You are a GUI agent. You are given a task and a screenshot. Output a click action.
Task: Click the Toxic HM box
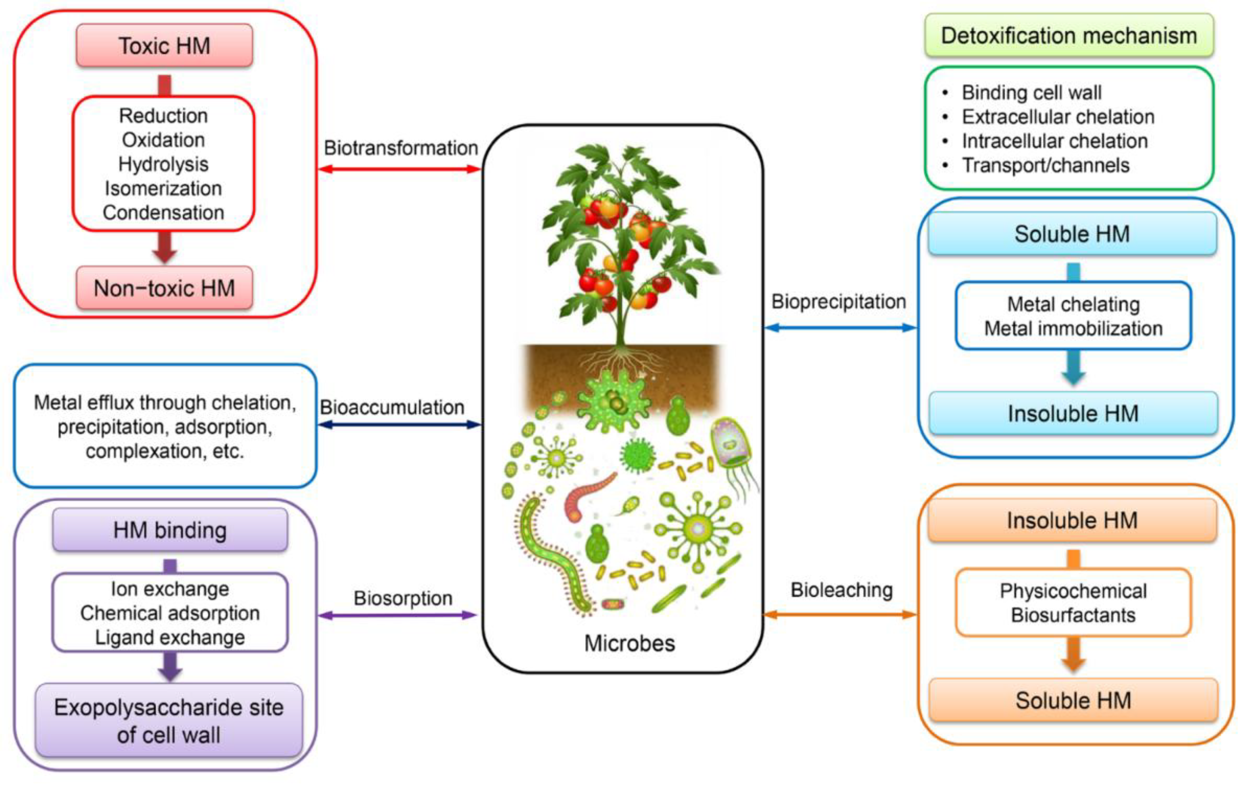pos(165,46)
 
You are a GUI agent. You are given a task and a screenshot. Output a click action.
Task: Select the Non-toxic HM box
pos(165,288)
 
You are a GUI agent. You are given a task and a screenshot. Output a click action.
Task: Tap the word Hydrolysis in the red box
pos(163,165)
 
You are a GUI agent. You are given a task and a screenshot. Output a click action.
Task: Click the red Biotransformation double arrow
pos(399,169)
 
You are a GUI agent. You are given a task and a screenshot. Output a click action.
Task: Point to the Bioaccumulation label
pos(392,408)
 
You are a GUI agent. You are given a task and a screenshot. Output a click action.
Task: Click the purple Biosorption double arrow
pos(397,615)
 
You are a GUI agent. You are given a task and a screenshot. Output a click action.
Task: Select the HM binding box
pos(170,530)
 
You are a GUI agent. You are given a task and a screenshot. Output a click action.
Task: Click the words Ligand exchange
pos(170,637)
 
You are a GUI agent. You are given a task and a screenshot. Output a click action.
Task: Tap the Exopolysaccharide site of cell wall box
pos(169,721)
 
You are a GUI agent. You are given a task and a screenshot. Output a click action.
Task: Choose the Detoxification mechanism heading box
pos(1069,36)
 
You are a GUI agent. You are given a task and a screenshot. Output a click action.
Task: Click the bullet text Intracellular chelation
pos(1055,141)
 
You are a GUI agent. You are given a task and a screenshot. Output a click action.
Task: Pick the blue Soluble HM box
pos(1072,234)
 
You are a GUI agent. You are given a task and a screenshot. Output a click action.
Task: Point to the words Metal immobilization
pos(1073,328)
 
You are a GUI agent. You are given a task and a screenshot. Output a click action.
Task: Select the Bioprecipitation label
pos(838,302)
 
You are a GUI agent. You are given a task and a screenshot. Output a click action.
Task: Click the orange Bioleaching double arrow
pos(840,615)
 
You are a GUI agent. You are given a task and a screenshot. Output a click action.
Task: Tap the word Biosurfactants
pos(1073,615)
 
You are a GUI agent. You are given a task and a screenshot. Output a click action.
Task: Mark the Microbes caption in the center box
pos(629,643)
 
